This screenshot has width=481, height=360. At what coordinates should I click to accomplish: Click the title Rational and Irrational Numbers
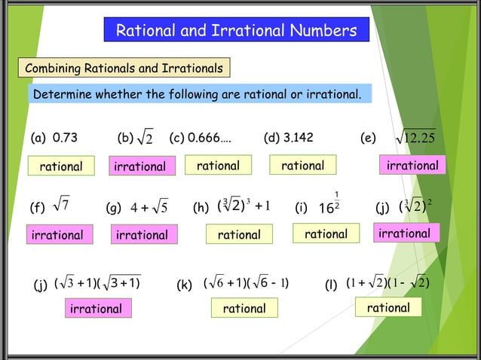pyautogui.click(x=236, y=31)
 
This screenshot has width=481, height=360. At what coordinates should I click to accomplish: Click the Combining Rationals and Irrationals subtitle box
pyautogui.click(x=124, y=69)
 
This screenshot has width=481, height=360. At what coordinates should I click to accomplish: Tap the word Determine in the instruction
pyautogui.click(x=62, y=95)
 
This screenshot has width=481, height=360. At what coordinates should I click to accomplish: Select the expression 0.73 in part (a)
pyautogui.click(x=64, y=138)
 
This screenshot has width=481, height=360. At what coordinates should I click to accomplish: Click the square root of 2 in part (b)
pyautogui.click(x=147, y=139)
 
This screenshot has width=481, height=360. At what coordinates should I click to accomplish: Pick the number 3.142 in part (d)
pyautogui.click(x=299, y=138)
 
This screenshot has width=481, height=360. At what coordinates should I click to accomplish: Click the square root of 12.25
pyautogui.click(x=416, y=139)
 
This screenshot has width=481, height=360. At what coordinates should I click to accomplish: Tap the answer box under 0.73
pyautogui.click(x=61, y=166)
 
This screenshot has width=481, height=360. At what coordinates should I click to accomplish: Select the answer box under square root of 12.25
pyautogui.click(x=412, y=165)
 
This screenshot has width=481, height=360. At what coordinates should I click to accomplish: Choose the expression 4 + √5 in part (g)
pyautogui.click(x=149, y=206)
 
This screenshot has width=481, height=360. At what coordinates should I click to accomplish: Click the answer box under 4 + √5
pyautogui.click(x=142, y=235)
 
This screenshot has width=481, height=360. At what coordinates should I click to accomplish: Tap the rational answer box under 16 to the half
pyautogui.click(x=326, y=234)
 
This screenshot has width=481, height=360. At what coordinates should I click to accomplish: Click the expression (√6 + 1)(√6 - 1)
pyautogui.click(x=247, y=284)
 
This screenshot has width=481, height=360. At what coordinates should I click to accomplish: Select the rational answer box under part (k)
pyautogui.click(x=244, y=308)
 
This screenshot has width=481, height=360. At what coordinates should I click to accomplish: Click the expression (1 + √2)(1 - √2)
pyautogui.click(x=387, y=284)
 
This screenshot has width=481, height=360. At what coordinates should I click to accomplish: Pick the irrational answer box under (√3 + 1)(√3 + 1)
pyautogui.click(x=96, y=309)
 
